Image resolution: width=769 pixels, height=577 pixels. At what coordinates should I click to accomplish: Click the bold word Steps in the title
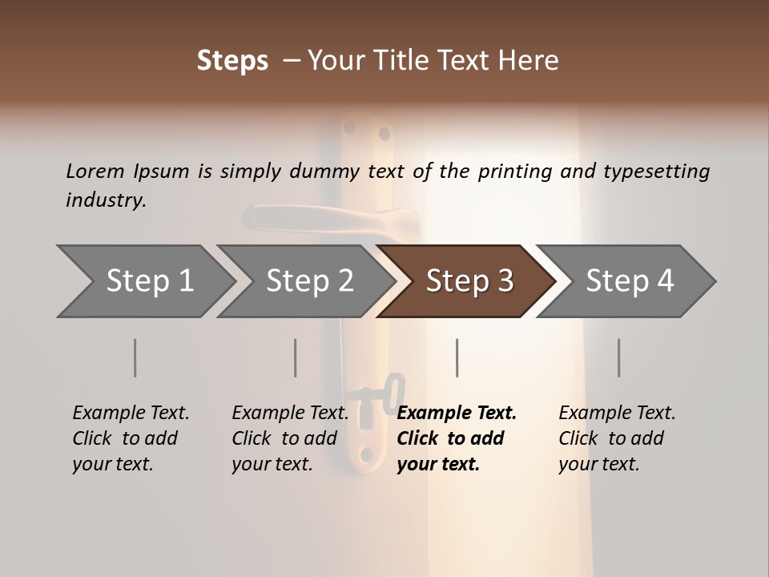(232, 61)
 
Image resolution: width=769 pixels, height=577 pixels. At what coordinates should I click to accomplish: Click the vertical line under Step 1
(135, 357)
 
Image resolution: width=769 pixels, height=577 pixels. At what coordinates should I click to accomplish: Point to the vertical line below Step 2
(296, 357)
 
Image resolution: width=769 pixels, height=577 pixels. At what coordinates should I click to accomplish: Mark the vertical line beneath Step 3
(457, 357)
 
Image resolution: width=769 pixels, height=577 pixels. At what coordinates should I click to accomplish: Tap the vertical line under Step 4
(619, 357)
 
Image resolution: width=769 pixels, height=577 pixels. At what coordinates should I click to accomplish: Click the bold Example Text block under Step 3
(456, 438)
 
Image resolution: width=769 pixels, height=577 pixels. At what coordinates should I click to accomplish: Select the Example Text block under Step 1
(131, 438)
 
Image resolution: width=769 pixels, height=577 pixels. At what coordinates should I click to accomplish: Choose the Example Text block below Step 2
(290, 438)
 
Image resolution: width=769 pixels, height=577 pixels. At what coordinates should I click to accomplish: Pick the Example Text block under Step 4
(617, 438)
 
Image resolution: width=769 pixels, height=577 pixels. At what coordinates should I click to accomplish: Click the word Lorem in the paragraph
(95, 171)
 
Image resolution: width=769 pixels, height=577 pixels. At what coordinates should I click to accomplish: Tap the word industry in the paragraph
(105, 200)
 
